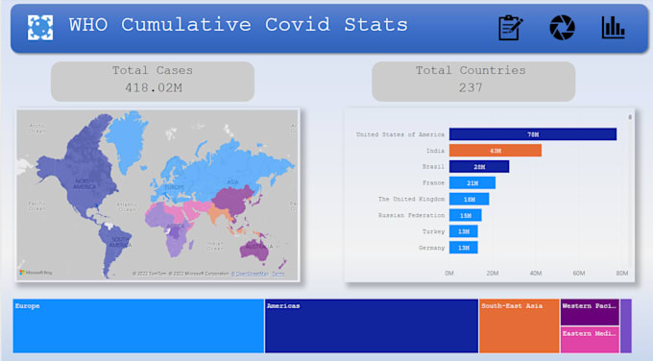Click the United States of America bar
coord(532,134)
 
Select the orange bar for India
coord(495,151)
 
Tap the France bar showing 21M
coord(472,182)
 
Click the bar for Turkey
coord(463,231)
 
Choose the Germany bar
coord(463,248)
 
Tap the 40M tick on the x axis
coord(535,274)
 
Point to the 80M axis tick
coord(621,274)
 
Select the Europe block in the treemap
coord(138,326)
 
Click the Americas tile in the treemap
coord(371,326)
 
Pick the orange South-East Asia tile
coord(519,326)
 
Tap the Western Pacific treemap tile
coord(589,312)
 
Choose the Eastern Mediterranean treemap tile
coord(589,340)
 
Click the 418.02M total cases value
coord(152,87)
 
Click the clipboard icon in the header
coord(510,28)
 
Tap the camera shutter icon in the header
coord(562,28)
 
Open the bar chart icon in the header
coord(613,28)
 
